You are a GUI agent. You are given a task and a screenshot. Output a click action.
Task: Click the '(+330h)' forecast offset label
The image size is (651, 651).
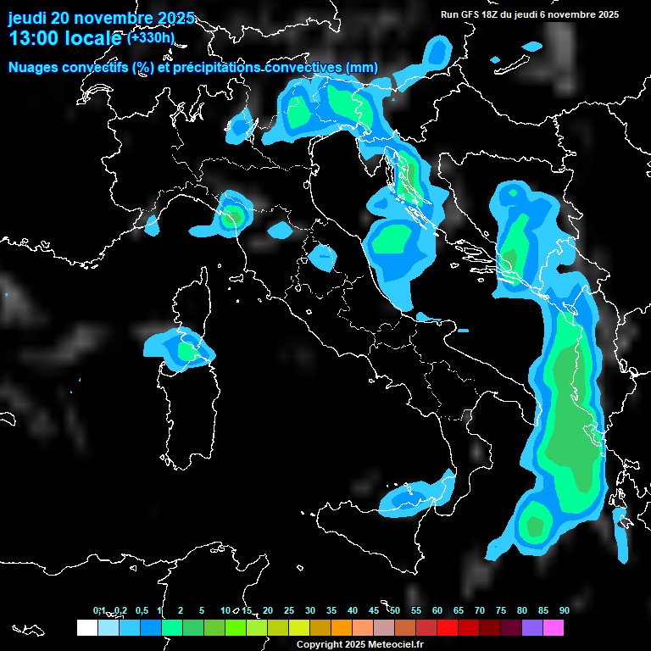click(x=150, y=37)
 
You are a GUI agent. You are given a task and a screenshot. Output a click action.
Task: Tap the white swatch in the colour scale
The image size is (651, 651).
click(x=86, y=627)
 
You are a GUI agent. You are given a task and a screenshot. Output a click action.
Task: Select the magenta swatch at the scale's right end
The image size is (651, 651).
click(x=554, y=627)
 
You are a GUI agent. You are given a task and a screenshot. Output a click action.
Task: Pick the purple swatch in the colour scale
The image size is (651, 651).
click(x=532, y=627)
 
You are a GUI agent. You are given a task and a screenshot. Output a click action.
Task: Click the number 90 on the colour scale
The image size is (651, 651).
click(x=565, y=610)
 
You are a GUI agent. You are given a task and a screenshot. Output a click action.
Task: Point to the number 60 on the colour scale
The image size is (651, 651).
click(x=437, y=610)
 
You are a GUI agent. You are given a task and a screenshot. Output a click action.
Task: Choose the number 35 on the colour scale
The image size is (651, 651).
click(x=331, y=610)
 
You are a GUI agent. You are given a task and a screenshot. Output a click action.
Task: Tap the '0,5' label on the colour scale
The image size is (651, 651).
click(x=141, y=610)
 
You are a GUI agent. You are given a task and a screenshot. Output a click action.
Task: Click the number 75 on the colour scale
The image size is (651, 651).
click(x=501, y=610)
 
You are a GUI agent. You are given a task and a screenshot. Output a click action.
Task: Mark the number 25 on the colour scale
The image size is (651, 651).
click(x=289, y=610)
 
